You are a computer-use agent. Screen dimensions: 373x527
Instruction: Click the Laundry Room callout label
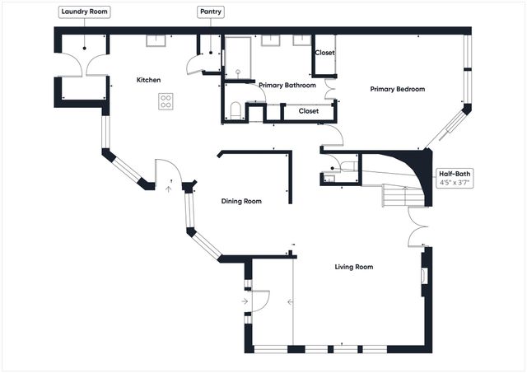click(85, 12)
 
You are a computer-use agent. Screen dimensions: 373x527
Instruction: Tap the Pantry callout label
click(209, 12)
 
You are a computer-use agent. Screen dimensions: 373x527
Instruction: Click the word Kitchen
click(148, 80)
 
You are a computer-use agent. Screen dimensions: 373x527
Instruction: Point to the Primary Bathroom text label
click(287, 85)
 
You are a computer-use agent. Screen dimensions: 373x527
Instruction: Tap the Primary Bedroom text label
click(397, 89)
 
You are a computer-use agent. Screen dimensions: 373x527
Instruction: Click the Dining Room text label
click(241, 201)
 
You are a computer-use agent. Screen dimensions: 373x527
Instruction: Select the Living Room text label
click(353, 267)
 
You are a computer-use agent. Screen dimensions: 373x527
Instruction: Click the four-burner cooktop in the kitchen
click(166, 101)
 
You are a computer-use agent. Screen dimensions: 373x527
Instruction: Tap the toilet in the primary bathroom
click(236, 111)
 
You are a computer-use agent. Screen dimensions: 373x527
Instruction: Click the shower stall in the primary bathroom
click(239, 56)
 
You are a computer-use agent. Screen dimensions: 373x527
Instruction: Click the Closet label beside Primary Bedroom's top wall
click(324, 53)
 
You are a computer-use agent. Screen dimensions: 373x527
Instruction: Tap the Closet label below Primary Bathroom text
click(309, 110)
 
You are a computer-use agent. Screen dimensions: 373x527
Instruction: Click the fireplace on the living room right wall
click(425, 276)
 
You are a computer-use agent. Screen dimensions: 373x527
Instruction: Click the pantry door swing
click(198, 64)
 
